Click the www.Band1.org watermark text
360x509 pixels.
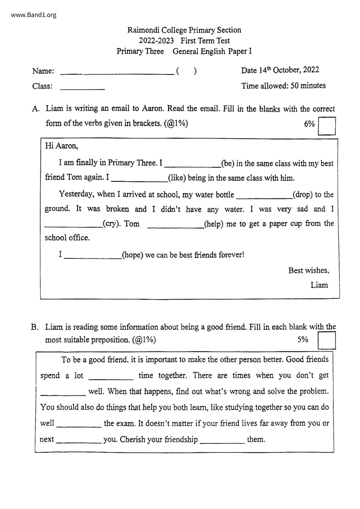point(34,15)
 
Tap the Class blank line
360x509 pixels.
point(82,88)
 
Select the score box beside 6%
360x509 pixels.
point(327,126)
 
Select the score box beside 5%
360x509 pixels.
point(327,340)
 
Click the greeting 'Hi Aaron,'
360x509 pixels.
point(62,146)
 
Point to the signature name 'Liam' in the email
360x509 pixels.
point(319,285)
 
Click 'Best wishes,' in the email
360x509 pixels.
point(309,270)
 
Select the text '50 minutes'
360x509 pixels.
point(308,86)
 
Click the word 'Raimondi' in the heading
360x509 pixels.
point(143,30)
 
